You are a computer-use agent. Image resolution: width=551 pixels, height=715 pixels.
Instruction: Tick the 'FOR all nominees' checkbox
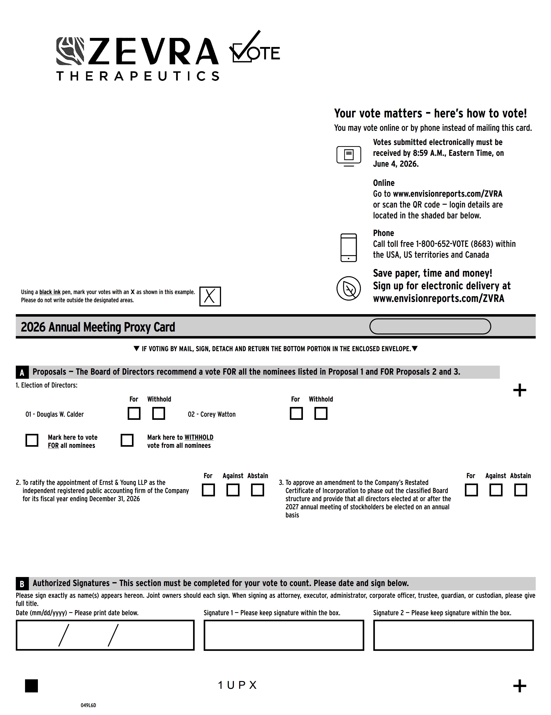pos(32,440)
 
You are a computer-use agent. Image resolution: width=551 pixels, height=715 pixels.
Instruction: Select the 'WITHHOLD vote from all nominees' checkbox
pos(127,440)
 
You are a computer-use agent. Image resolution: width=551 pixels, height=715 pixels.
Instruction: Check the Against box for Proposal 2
pos(233,490)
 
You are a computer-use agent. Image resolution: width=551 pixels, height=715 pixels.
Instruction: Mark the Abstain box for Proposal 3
pos(521,490)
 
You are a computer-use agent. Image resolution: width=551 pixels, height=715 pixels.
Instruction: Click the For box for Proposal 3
pos(471,490)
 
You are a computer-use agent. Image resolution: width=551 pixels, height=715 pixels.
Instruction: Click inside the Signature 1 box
pos(284,635)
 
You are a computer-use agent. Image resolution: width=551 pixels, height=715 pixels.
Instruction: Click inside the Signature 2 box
pos(453,635)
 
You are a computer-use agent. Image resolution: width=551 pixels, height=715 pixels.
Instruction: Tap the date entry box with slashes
pos(105,635)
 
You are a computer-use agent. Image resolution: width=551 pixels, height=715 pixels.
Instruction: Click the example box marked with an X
pos(210,296)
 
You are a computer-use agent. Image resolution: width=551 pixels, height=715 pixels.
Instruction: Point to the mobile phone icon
pos(349,248)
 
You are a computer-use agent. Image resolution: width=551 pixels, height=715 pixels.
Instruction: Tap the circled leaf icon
pos(349,288)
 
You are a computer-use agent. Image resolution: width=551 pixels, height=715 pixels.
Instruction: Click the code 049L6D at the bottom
pos(88,705)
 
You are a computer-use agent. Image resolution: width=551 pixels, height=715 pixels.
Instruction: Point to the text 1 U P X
pos(237,685)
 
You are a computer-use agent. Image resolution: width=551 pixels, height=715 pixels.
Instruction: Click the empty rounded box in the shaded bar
pos(430,326)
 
